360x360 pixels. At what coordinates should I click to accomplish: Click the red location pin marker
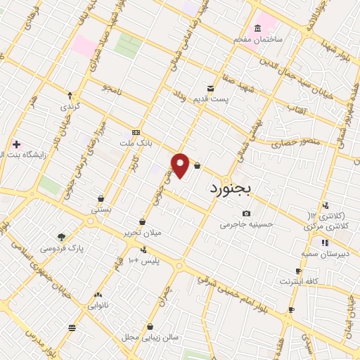(x=181, y=165)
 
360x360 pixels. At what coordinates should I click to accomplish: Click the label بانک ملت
(x=136, y=143)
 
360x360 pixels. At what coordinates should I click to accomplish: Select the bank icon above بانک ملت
(x=136, y=132)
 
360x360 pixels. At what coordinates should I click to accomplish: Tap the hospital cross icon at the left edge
(x=16, y=144)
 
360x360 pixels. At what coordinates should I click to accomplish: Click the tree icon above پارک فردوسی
(x=61, y=237)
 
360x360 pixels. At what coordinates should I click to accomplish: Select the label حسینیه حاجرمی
(x=246, y=225)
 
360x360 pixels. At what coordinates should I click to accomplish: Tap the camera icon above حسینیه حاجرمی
(x=246, y=214)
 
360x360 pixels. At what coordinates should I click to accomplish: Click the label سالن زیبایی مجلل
(x=151, y=337)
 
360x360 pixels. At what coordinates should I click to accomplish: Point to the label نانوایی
(x=97, y=306)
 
